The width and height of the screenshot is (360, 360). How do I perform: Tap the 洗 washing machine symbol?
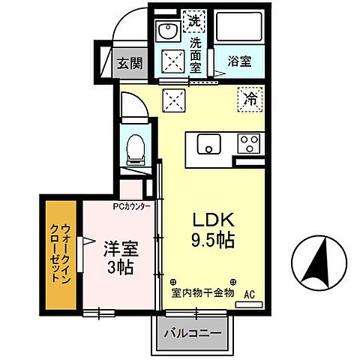[x=195, y=20]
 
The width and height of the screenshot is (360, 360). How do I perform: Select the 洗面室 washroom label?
[x=196, y=54]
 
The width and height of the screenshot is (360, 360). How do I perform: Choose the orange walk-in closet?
[x=59, y=253]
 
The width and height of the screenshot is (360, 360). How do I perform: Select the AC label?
[x=249, y=295]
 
